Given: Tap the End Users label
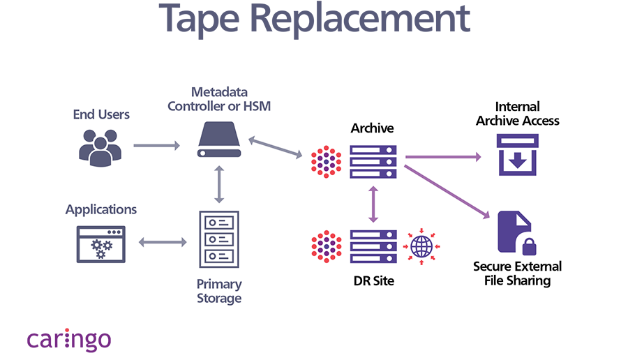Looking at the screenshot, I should (x=101, y=114).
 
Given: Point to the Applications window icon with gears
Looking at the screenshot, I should (x=101, y=243).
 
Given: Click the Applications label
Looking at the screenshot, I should (x=101, y=209).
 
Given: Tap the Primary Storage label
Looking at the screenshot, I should (x=219, y=291).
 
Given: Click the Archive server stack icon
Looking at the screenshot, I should (x=373, y=161).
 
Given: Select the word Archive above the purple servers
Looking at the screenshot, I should (x=373, y=128).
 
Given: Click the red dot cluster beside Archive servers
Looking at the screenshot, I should (x=326, y=162).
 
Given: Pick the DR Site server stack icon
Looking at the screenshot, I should (x=373, y=246).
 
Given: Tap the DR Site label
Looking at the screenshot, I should (x=373, y=280).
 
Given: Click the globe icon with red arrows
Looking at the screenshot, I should (x=421, y=246).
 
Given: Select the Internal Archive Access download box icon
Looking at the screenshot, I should (x=517, y=155).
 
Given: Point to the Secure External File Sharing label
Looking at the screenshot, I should (x=517, y=273).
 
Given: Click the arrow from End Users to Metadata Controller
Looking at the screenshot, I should (x=156, y=146).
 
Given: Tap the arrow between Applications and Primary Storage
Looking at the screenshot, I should (x=163, y=243).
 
